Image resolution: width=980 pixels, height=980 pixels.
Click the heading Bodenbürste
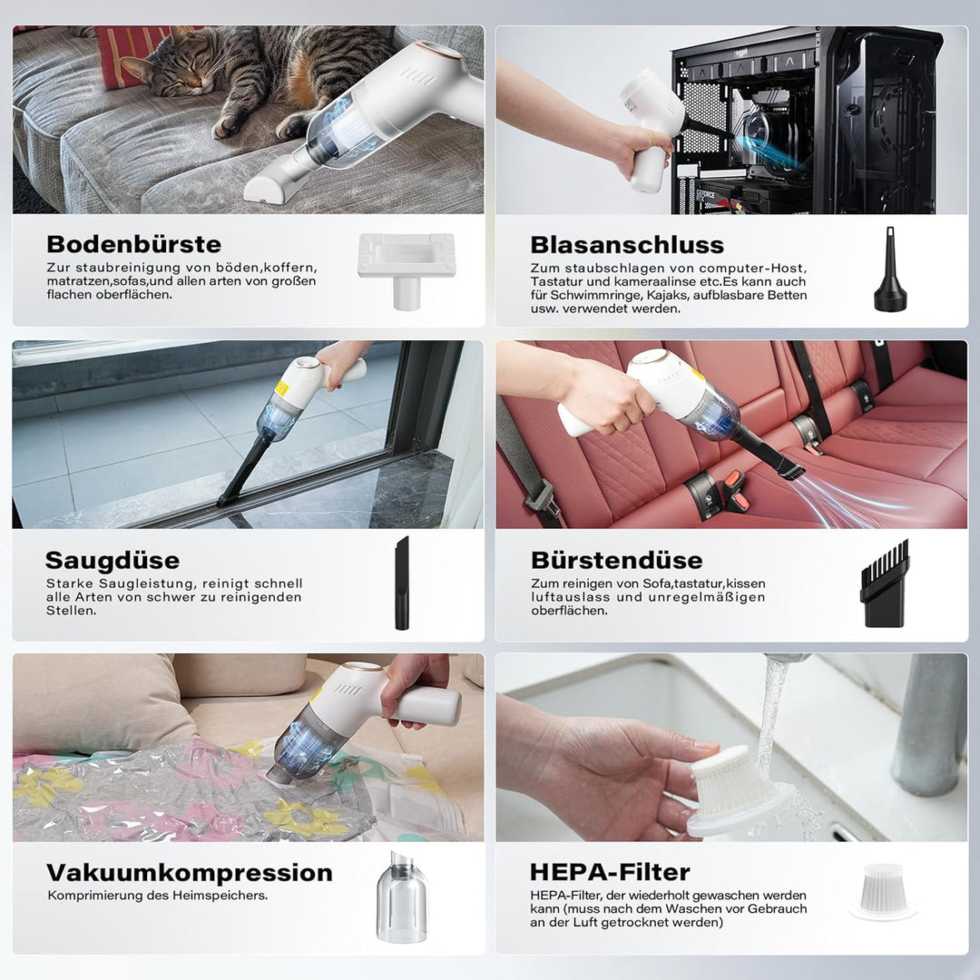[x=133, y=244]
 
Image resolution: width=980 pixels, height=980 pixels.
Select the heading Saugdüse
[x=113, y=560]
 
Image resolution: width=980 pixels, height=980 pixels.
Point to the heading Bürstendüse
[x=617, y=560]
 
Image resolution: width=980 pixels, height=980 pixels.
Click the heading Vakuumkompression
[x=190, y=873]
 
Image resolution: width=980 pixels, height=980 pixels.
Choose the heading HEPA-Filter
[x=610, y=872]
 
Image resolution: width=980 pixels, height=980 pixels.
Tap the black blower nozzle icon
[x=891, y=271]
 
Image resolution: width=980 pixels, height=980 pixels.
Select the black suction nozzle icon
[x=401, y=583]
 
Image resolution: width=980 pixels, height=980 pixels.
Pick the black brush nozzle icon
[x=885, y=583]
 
